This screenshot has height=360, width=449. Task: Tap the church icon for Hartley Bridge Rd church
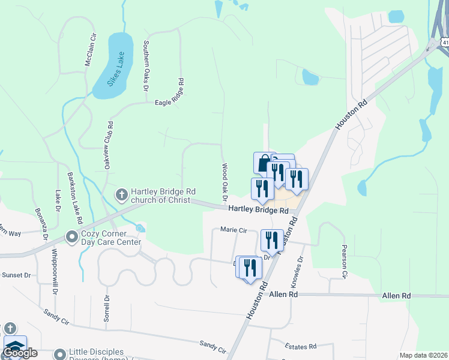tap(121, 194)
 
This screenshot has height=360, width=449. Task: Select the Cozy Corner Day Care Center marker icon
tap(71, 238)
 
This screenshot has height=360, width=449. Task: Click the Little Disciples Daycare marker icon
tap(59, 354)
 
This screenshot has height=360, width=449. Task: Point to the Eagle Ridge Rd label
tap(172, 103)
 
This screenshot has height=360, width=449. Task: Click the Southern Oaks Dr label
tap(145, 66)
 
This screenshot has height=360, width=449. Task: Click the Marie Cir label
tap(234, 229)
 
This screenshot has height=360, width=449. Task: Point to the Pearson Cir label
tap(345, 262)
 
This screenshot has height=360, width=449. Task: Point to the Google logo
tap(20, 353)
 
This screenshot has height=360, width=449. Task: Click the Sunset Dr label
tap(16, 275)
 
